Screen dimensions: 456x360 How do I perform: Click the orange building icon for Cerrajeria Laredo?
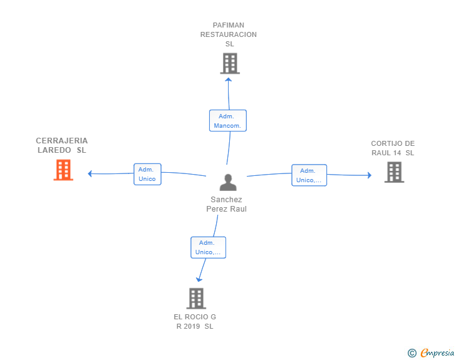pos(63,170)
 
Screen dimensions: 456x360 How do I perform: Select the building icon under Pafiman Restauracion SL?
pos(230,63)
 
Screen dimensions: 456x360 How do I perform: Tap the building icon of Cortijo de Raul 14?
pos(394,172)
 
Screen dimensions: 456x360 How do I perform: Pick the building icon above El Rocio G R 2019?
pos(196,299)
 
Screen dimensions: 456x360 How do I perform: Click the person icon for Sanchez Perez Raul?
pos(228,182)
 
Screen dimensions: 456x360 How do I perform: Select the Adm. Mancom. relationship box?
pos(228,121)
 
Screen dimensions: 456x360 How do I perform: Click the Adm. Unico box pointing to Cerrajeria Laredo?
pos(147,174)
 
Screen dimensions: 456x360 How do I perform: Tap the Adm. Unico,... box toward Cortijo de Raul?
pos(309,175)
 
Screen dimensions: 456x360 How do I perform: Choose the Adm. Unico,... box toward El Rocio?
pos(208,247)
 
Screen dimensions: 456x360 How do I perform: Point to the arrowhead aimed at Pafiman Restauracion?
pos(229,80)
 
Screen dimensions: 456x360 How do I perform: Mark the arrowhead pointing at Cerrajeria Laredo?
pos(90,173)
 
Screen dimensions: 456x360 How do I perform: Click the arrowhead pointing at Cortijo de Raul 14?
pos(370,175)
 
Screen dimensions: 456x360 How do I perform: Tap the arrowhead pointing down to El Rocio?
pos(199,280)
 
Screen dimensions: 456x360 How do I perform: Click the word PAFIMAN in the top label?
pos(229,25)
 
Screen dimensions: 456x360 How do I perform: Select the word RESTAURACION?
pos(229,34)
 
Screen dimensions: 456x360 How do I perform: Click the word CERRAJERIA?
pos(61,141)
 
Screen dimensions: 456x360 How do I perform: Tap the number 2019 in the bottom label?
pos(192,326)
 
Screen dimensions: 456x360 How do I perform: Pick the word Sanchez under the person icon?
pos(226,200)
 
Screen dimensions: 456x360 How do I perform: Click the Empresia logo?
pos(432,352)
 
